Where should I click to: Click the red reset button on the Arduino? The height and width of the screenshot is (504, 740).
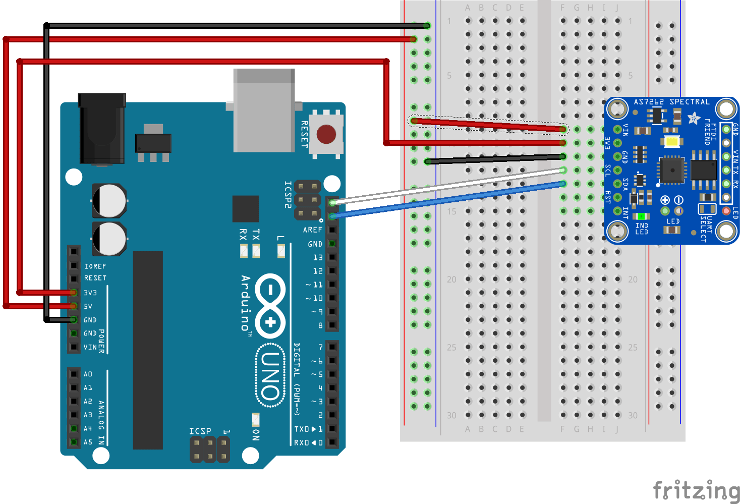coord(326,134)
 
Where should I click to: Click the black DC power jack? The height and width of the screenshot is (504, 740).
coord(102,129)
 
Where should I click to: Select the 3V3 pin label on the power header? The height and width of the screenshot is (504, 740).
coord(90,293)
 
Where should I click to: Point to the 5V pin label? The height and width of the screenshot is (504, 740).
coord(88,306)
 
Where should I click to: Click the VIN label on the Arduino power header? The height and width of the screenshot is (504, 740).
coord(90,347)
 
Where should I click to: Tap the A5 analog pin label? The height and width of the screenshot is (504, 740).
coord(88,442)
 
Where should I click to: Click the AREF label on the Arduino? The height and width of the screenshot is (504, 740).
coord(312,230)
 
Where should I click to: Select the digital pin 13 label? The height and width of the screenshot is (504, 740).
coord(318,257)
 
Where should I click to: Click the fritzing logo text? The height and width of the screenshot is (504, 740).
coord(696,490)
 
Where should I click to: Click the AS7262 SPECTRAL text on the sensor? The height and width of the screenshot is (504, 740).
coord(671,102)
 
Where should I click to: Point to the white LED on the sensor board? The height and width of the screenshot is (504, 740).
coord(671,142)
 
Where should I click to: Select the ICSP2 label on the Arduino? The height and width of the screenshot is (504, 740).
coord(288,195)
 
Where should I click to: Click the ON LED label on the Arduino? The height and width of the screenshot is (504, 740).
coord(256,434)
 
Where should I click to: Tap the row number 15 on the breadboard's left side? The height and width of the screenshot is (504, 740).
coord(451,211)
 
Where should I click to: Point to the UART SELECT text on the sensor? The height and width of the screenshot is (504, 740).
coord(706,229)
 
